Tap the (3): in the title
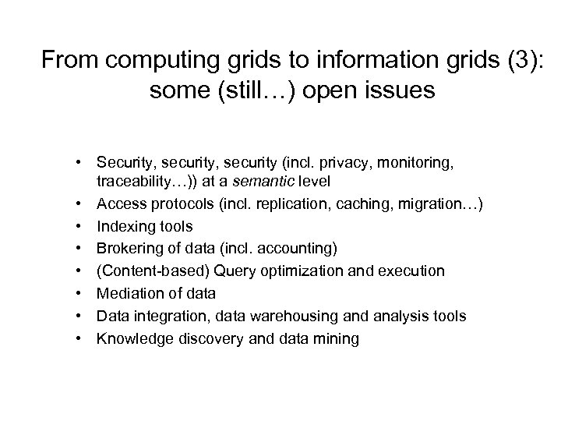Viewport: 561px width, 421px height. click(523, 59)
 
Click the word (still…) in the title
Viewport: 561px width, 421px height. click(255, 91)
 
